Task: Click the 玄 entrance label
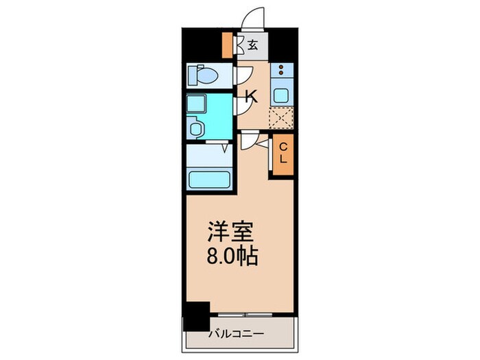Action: [253, 46]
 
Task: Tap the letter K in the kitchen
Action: [252, 97]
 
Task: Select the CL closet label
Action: [282, 157]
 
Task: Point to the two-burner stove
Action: [281, 71]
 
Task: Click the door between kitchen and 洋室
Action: [249, 139]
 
